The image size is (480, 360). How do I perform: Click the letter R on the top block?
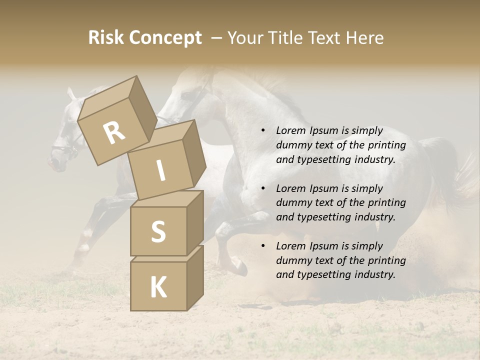tap(114, 133)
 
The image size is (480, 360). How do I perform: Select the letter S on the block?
tap(158, 231)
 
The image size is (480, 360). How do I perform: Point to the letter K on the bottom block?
tap(158, 287)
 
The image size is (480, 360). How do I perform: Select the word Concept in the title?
tap(165, 38)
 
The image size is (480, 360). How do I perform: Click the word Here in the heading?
tap(364, 38)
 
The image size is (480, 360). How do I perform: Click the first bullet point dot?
tap(263, 131)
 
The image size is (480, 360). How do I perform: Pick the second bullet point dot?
tap(263, 189)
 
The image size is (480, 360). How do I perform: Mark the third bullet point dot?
tap(263, 246)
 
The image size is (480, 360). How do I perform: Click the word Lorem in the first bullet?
tap(290, 131)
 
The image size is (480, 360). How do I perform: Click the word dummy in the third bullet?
tap(292, 260)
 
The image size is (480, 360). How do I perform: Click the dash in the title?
tap(217, 38)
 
